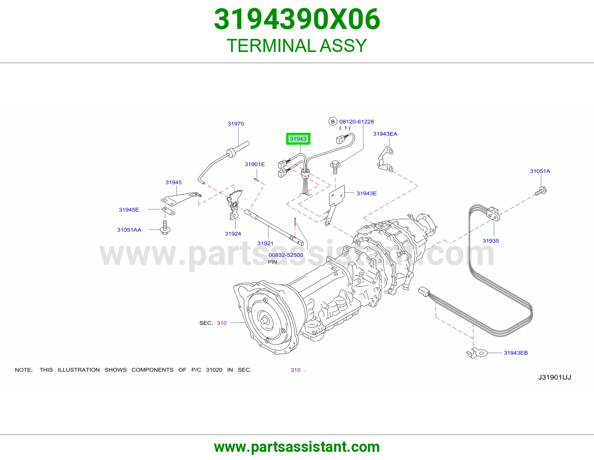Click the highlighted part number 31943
point(298,139)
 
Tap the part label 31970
point(236,124)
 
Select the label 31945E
point(129,210)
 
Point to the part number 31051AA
point(129,230)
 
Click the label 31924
point(233,234)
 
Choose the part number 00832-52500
point(285,255)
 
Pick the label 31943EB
point(516,353)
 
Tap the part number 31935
point(491,241)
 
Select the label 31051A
point(540,171)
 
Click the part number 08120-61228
point(356,122)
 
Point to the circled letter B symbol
point(333,122)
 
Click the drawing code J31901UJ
point(554,378)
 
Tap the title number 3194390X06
point(297,19)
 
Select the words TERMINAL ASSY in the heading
point(297,46)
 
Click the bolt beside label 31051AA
point(165,228)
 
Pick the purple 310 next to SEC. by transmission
point(222,323)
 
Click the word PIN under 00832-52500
point(272,262)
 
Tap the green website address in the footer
point(297,447)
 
